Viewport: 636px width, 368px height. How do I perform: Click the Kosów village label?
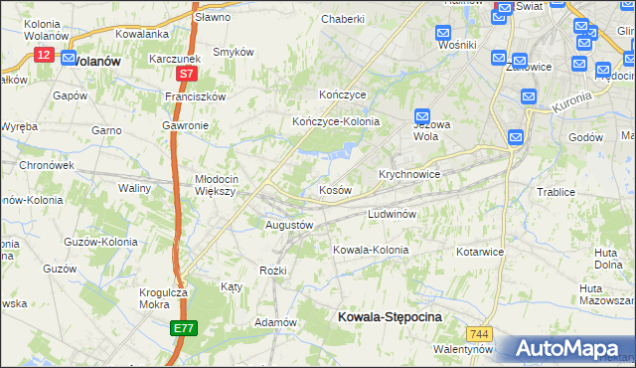(x=335, y=189)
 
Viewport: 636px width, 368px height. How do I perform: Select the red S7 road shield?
(x=186, y=74)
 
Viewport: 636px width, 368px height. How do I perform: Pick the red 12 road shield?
(x=43, y=56)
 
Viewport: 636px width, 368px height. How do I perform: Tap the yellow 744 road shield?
(x=482, y=334)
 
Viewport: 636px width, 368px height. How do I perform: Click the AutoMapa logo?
(x=567, y=348)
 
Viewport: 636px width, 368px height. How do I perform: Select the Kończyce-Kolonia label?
(x=336, y=121)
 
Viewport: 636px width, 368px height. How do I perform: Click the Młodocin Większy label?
(x=215, y=185)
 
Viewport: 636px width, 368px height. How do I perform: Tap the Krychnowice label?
(x=409, y=173)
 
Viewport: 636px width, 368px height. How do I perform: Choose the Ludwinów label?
(x=397, y=214)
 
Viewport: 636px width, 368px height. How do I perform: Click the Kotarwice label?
(x=482, y=252)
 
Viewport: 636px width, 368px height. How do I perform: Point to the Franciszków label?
(x=197, y=96)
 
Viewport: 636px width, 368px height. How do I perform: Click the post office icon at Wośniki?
(x=445, y=33)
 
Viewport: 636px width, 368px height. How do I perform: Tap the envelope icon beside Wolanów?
(x=69, y=59)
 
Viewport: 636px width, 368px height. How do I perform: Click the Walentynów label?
(x=463, y=350)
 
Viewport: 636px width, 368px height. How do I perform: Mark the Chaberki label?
(x=344, y=19)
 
